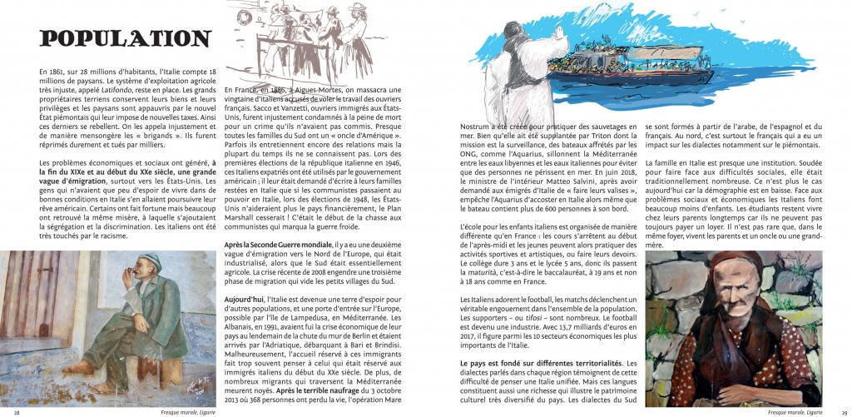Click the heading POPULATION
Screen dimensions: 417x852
pyautogui.click(x=125, y=39)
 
